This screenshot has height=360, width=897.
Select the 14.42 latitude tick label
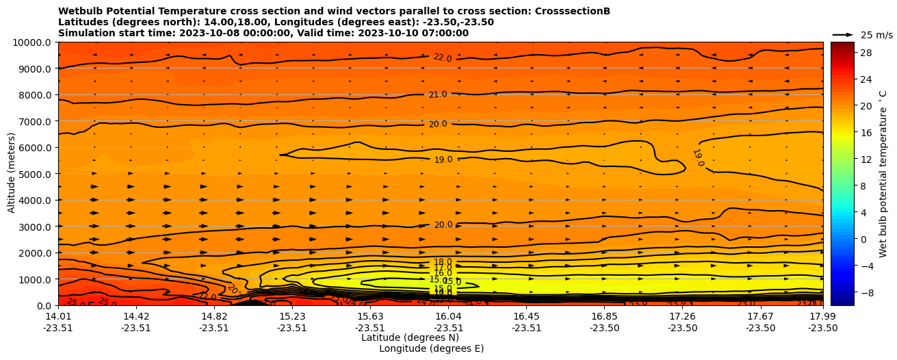point(136,316)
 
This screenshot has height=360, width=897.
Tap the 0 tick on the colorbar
point(863,239)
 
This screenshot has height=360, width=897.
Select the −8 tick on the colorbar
point(866,292)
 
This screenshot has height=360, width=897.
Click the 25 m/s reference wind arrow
point(842,35)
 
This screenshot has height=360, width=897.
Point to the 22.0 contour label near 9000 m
point(443,58)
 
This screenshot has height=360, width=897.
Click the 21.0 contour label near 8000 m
point(438,94)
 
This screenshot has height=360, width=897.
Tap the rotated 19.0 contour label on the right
point(698,157)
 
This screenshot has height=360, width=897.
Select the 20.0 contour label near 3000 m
point(443,224)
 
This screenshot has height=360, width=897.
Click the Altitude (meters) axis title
point(12,174)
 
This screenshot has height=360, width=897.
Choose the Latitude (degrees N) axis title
point(410,337)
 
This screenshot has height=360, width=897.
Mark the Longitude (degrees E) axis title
point(431,348)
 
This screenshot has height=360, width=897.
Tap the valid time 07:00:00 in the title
point(445,33)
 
